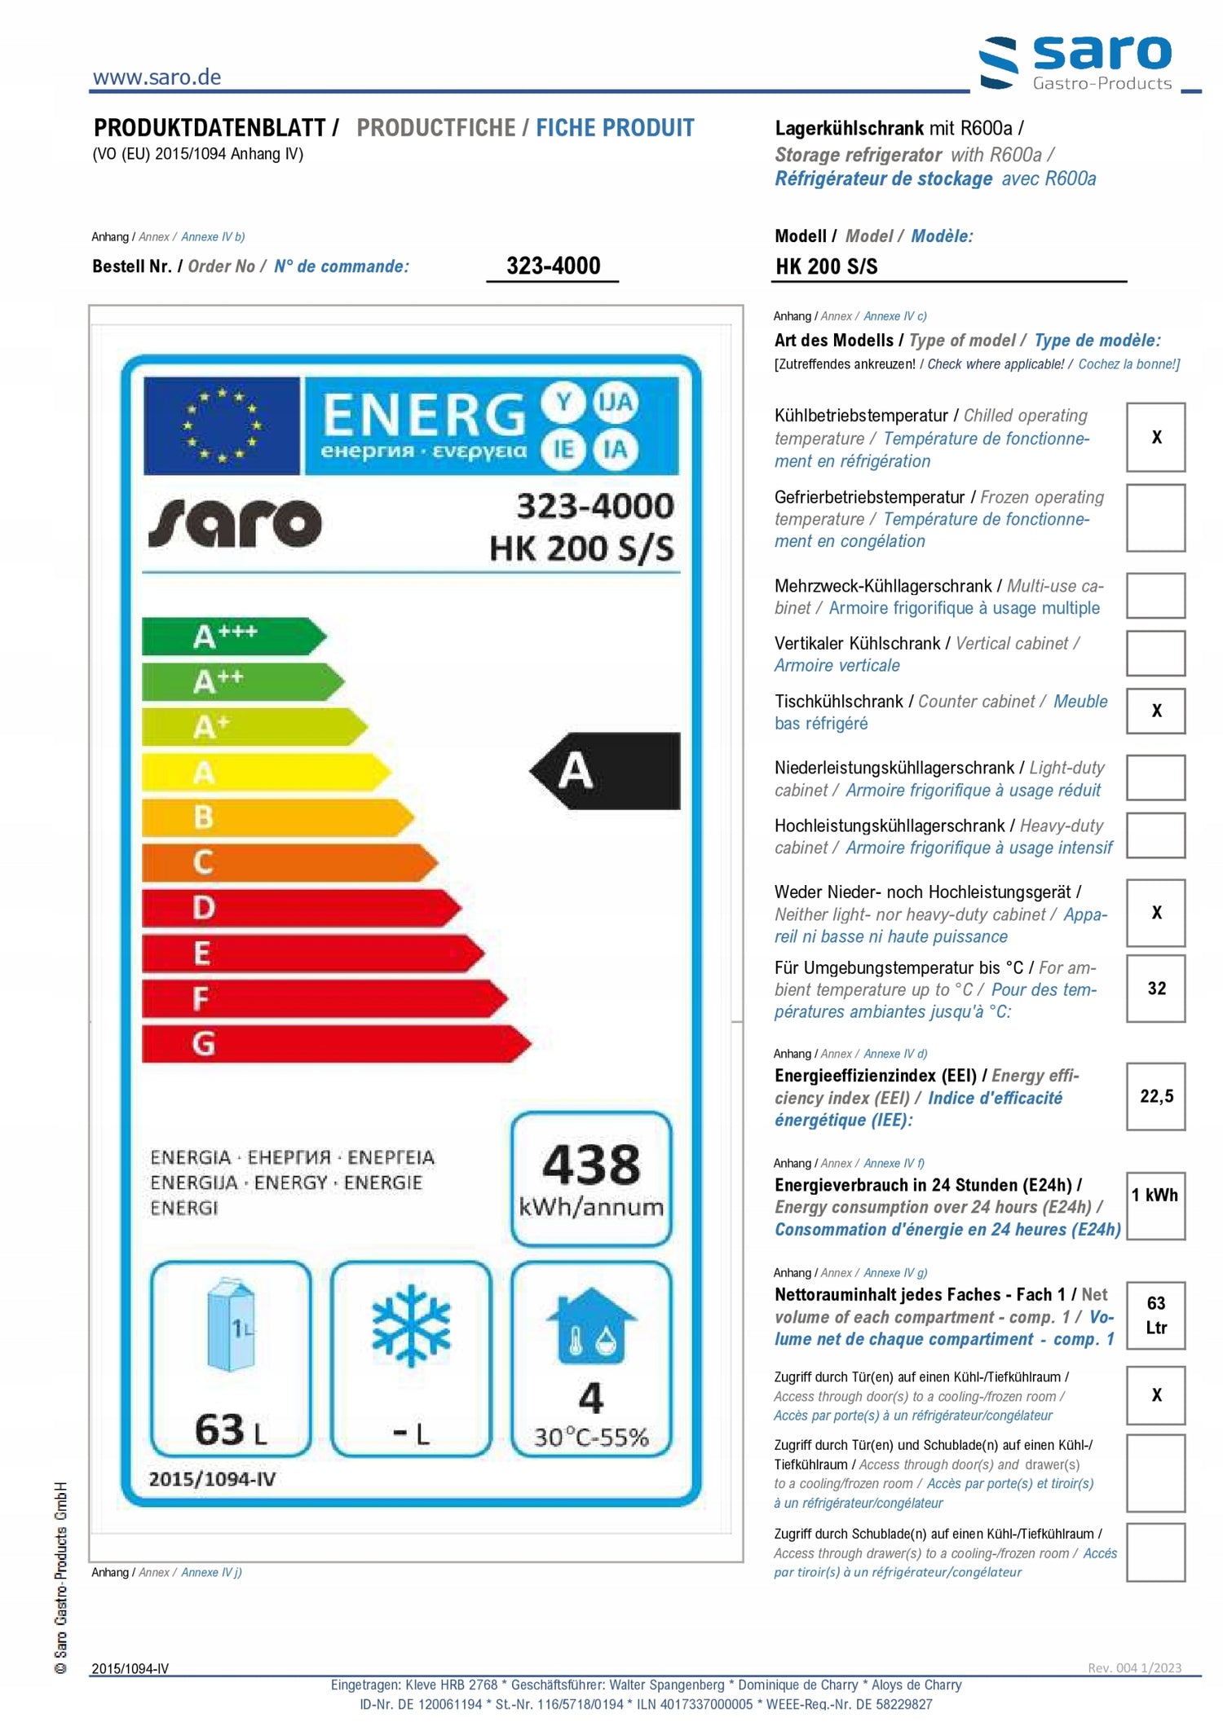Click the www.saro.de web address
[x=157, y=77]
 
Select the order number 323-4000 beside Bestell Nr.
[x=553, y=266]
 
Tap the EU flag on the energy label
[x=222, y=425]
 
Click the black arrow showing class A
[x=606, y=771]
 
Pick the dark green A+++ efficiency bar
[x=233, y=636]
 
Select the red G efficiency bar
[x=335, y=1044]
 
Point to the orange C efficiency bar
[x=289, y=862]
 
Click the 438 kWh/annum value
[x=591, y=1178]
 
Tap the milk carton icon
[x=232, y=1325]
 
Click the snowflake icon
[x=411, y=1325]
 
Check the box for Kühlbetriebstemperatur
[x=1155, y=438]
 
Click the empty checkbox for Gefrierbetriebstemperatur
[x=1155, y=518]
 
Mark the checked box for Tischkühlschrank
[x=1155, y=711]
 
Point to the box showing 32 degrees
[x=1155, y=989]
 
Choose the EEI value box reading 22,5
[x=1155, y=1096]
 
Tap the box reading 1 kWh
[x=1155, y=1205]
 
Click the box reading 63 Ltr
[x=1155, y=1315]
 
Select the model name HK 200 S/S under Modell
[x=826, y=266]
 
